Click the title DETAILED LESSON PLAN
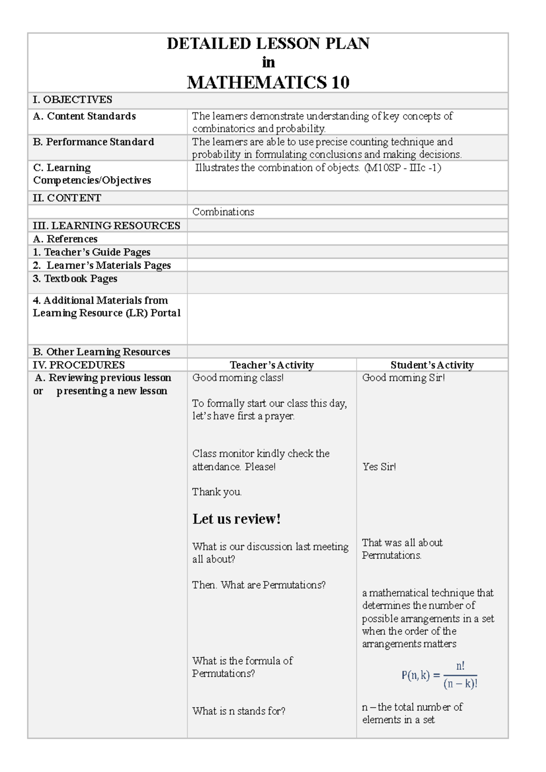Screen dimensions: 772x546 tap(268, 44)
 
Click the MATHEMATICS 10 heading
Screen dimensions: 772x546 tap(268, 82)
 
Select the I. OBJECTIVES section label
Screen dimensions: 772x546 tap(72, 100)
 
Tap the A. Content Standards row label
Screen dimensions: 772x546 tap(84, 116)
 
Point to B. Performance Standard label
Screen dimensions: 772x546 tap(93, 142)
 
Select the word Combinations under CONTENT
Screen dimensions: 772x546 tap(223, 212)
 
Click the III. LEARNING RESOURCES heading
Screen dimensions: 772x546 tap(106, 226)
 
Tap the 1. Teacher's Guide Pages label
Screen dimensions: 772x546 tap(91, 252)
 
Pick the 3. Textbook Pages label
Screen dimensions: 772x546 tap(75, 279)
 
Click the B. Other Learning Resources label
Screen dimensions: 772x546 tap(101, 351)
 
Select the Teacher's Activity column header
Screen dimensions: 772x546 tap(272, 365)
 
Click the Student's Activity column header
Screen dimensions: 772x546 tap(432, 365)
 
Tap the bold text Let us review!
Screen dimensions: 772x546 tap(236, 519)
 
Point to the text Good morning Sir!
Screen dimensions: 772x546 tap(403, 377)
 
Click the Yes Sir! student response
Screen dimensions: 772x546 tap(379, 466)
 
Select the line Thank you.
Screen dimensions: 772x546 tap(217, 492)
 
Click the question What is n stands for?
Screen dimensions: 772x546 tap(238, 711)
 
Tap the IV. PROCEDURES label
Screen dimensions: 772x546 tap(79, 365)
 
